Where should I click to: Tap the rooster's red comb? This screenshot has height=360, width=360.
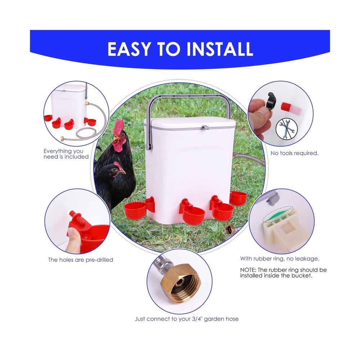[x=119, y=126]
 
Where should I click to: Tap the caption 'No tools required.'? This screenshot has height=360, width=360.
[x=294, y=153]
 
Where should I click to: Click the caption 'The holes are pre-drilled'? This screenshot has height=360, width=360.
[x=81, y=260]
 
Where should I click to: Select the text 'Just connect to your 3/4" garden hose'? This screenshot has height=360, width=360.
[x=186, y=319]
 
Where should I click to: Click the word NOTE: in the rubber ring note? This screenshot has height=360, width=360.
[x=249, y=270]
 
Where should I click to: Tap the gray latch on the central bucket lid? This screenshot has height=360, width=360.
[x=205, y=128]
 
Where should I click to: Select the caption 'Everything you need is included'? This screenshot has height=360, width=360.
[x=66, y=154]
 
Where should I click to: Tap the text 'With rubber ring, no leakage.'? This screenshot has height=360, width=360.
[x=280, y=258]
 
